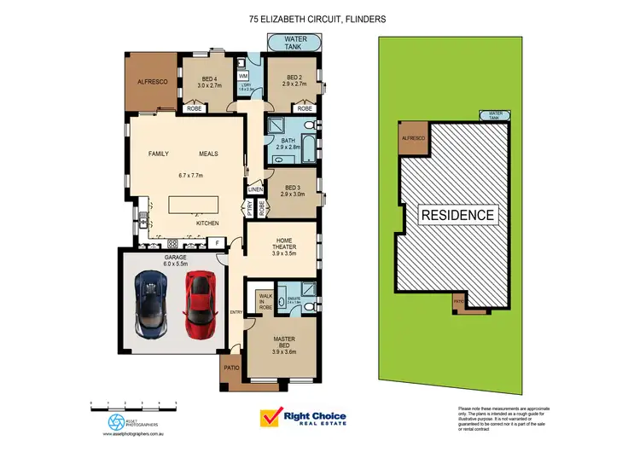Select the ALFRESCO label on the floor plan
[150, 82]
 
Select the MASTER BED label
[284, 343]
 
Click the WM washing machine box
[243, 76]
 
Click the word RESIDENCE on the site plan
[457, 215]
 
